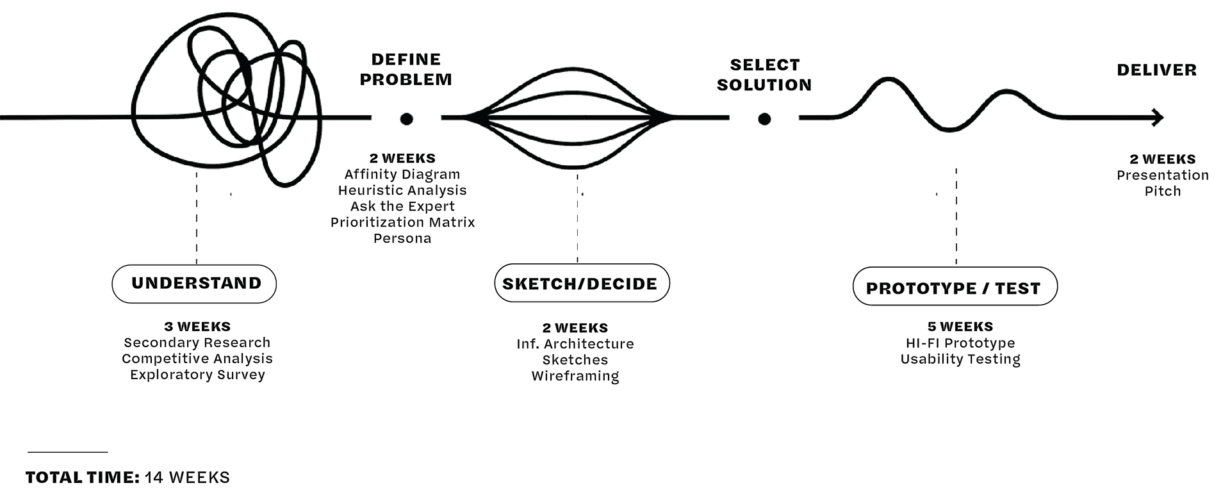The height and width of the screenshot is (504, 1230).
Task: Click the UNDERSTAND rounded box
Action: (x=194, y=284)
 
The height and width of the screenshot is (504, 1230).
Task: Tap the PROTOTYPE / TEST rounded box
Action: (x=955, y=287)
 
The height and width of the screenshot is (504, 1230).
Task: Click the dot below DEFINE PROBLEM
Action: (x=406, y=118)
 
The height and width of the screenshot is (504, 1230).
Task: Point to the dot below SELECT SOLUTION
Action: (x=764, y=118)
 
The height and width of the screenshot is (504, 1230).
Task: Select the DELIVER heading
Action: (x=1156, y=70)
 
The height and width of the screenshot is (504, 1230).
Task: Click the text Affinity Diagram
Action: (x=402, y=174)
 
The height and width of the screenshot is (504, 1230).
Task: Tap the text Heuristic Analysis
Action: (x=402, y=190)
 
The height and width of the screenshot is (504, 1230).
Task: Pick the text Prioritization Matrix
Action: (x=402, y=222)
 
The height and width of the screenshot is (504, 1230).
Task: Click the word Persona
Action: (x=402, y=238)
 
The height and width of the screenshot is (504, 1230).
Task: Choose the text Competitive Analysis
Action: (x=197, y=359)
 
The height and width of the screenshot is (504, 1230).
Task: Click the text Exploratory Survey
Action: (x=197, y=375)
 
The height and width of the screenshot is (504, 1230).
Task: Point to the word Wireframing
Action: (x=575, y=376)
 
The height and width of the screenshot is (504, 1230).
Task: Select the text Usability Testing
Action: (x=960, y=359)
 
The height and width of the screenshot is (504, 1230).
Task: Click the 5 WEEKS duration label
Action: (x=960, y=327)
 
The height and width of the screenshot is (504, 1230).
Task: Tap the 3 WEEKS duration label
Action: (x=197, y=327)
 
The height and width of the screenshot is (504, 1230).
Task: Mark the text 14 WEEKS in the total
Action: (x=187, y=478)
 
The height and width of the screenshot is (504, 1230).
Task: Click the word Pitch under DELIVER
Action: (x=1162, y=191)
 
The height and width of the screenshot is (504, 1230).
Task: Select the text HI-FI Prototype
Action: (x=960, y=343)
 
